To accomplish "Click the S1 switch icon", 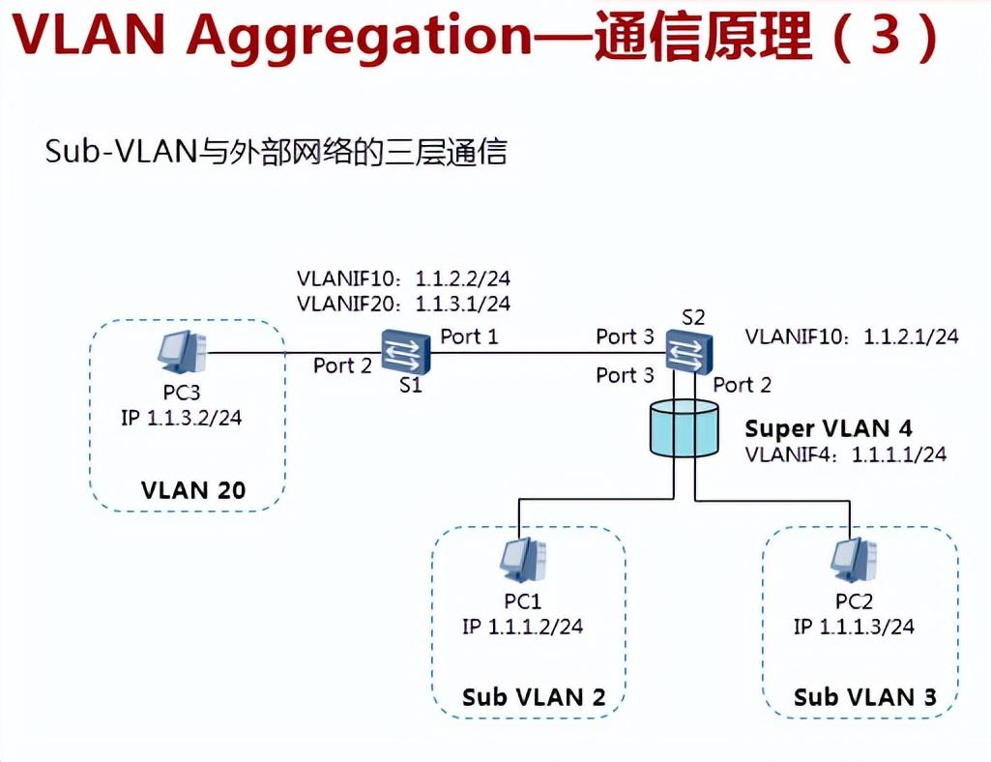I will (406, 352).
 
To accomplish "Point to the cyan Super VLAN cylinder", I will (685, 430).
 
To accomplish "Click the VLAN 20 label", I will (193, 490).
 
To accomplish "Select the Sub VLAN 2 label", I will (535, 697).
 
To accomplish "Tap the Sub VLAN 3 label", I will (864, 697).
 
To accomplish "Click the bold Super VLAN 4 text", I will (829, 428).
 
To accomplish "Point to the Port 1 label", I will (470, 337).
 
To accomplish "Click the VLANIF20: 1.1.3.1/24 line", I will (404, 304).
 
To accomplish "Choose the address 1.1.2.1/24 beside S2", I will (911, 337).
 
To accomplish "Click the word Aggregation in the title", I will (358, 36).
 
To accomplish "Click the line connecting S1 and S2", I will (541, 353).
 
